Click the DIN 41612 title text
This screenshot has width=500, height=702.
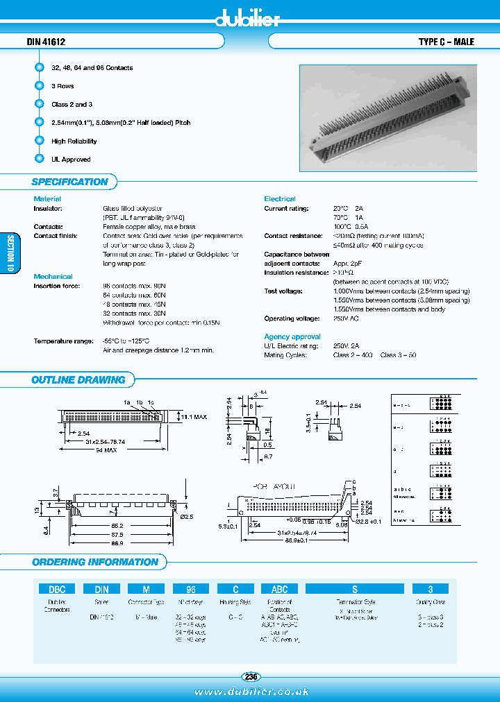click(46, 42)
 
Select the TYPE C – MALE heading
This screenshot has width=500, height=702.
click(446, 42)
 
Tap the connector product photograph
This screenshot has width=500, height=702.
click(387, 117)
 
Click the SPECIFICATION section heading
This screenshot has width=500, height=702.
click(69, 182)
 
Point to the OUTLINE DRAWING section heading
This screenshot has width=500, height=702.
click(78, 379)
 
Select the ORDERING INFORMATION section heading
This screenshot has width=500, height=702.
click(95, 562)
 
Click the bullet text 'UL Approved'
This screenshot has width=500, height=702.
click(71, 160)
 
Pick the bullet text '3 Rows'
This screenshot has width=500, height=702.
click(62, 86)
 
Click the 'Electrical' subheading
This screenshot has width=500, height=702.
click(279, 199)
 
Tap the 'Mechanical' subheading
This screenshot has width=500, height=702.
click(53, 276)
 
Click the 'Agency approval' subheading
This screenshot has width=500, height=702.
click(292, 336)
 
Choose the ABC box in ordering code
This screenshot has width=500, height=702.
click(278, 589)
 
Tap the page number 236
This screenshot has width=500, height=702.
click(251, 676)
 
